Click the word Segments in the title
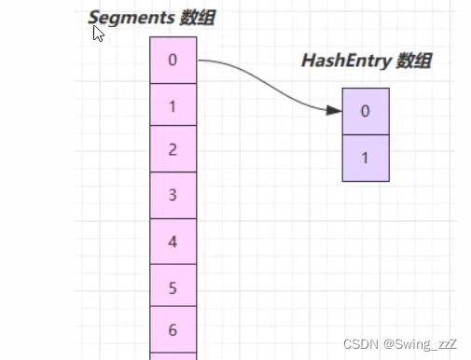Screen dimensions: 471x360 [x=131, y=18]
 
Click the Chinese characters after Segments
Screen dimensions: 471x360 [x=197, y=17]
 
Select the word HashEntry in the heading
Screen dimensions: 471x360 [x=346, y=61]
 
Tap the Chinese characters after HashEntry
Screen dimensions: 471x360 [x=414, y=61]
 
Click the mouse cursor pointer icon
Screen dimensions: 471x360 [x=98, y=34]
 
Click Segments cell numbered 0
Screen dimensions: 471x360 [x=173, y=60]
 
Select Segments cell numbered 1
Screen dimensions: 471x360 [x=173, y=104]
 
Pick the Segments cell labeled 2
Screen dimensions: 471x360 [x=173, y=148]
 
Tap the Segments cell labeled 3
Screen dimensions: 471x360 [x=173, y=195]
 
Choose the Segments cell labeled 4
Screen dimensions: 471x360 [x=173, y=242]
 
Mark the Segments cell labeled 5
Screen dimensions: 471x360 [x=173, y=285]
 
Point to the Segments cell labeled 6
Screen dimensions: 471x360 [x=173, y=329]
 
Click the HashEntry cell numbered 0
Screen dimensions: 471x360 [x=366, y=111]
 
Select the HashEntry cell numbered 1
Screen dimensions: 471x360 [x=366, y=158]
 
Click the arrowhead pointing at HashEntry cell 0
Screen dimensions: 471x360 [x=334, y=110]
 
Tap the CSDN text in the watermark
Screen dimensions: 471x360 [x=361, y=344]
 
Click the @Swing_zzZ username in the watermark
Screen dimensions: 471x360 [x=420, y=344]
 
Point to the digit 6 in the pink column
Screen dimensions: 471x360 [x=173, y=330]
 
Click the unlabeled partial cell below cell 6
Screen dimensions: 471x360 [x=173, y=356]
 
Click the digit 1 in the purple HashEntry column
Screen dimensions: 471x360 [x=365, y=158]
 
